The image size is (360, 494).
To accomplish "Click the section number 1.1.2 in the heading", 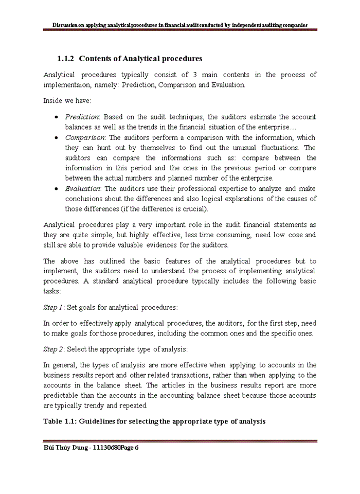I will pyautogui.click(x=66, y=58).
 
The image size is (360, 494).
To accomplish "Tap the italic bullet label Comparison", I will pyautogui.click(x=85, y=137).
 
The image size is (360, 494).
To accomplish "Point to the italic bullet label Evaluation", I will pyautogui.click(x=83, y=189).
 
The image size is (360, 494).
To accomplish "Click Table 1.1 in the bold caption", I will pyautogui.click(x=60, y=421).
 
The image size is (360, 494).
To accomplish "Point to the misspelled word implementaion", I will pyautogui.click(x=66, y=85).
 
